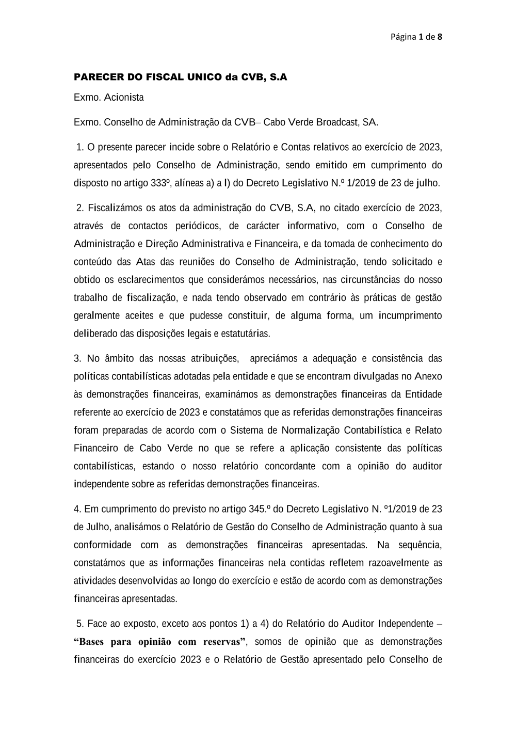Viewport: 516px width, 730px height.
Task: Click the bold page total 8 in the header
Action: [x=440, y=37]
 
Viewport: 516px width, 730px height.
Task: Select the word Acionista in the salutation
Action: [x=124, y=98]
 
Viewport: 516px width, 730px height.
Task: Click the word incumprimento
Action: [x=410, y=316]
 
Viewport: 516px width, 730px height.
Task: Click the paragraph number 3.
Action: [x=77, y=359]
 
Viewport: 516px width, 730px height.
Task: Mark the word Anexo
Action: [x=428, y=377]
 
